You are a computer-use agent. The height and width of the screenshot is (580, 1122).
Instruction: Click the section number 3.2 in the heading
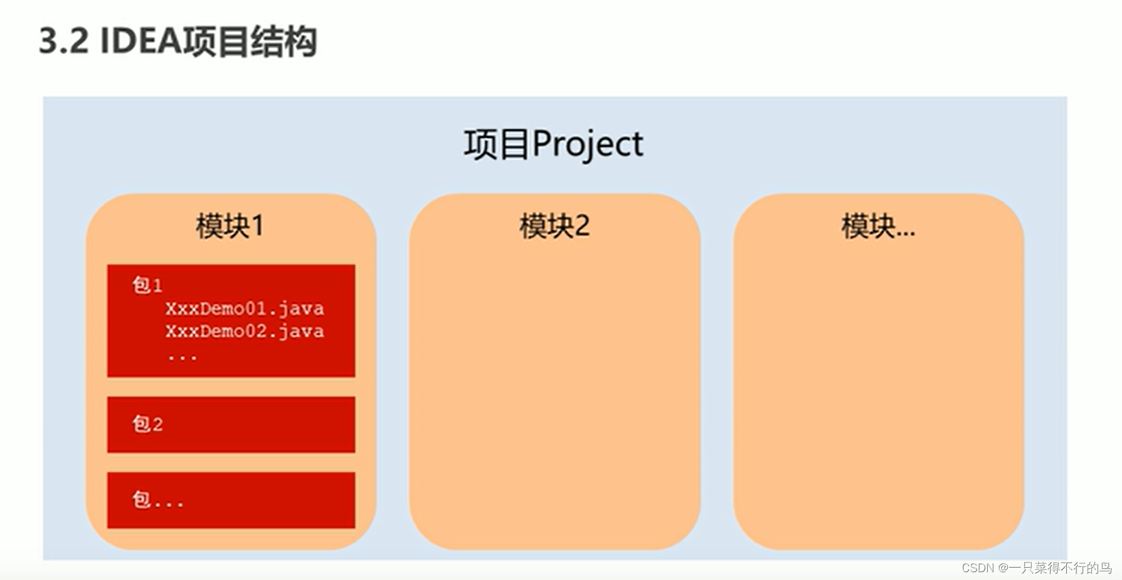pyautogui.click(x=64, y=42)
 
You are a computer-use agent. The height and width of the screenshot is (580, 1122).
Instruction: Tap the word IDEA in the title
pyautogui.click(x=140, y=42)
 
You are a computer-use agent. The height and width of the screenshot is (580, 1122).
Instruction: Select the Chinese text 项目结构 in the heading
pyautogui.click(x=250, y=42)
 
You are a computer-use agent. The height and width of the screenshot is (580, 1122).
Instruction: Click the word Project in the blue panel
pyautogui.click(x=588, y=144)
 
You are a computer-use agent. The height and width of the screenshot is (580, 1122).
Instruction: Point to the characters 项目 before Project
pyautogui.click(x=497, y=144)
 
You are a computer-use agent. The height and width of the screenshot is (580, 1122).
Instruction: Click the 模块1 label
pyautogui.click(x=230, y=226)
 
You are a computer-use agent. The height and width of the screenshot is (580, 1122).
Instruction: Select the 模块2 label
pyautogui.click(x=554, y=226)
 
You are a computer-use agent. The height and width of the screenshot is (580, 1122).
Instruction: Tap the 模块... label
pyautogui.click(x=877, y=226)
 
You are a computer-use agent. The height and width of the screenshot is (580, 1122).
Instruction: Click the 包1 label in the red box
pyautogui.click(x=147, y=285)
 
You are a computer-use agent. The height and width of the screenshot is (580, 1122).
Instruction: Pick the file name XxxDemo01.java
pyautogui.click(x=245, y=308)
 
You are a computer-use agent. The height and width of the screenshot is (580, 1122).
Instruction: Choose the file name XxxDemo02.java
pyautogui.click(x=245, y=332)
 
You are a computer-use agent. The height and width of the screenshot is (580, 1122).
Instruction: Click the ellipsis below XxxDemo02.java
pyautogui.click(x=182, y=356)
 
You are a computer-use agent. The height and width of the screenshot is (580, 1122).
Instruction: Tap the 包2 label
pyautogui.click(x=147, y=424)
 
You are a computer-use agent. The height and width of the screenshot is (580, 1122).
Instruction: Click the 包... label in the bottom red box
pyautogui.click(x=158, y=500)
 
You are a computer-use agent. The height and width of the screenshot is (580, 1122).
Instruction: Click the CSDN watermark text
pyautogui.click(x=977, y=568)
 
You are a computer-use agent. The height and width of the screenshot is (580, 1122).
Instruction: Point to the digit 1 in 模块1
pyautogui.click(x=257, y=226)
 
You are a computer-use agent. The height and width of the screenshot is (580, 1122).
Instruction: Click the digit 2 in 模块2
pyautogui.click(x=582, y=226)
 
